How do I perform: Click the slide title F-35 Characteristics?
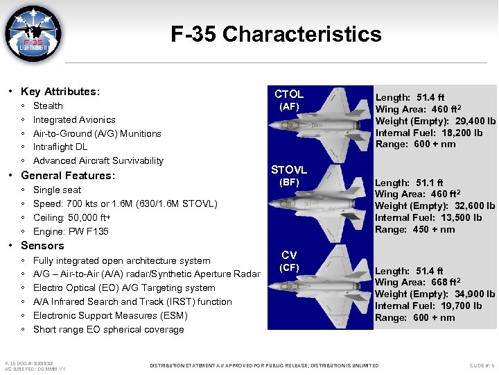coord(276,34)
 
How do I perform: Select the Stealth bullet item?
coord(48,106)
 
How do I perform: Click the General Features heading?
coord(68,176)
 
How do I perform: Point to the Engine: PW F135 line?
coord(71,231)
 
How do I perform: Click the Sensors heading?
coord(42,246)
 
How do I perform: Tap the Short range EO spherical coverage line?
coord(108,330)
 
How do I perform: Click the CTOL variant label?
coord(289,94)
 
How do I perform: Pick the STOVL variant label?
coord(289,170)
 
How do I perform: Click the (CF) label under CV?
coord(289,267)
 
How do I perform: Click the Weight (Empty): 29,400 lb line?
coord(435,122)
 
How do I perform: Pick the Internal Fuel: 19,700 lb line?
coord(429,306)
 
